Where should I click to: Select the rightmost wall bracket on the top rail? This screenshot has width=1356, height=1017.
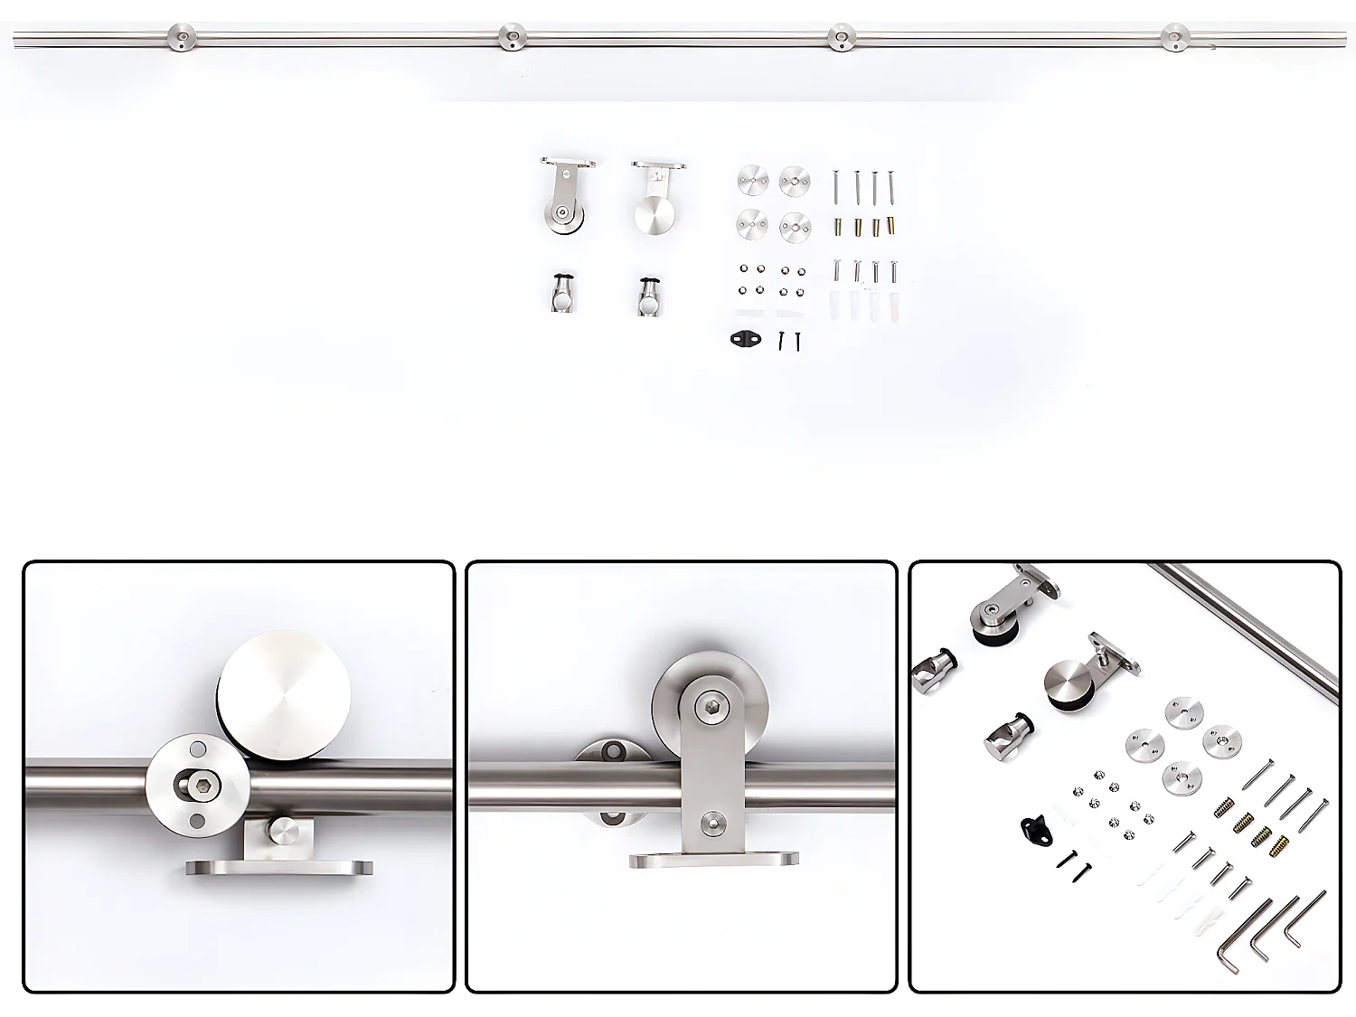pos(1174,37)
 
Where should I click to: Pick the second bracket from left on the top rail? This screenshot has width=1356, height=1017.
pos(512,37)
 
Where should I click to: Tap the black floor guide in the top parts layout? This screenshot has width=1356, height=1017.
pos(746,339)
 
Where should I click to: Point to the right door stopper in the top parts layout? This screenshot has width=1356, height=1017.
pos(646,296)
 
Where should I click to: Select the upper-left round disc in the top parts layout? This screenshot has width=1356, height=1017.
pos(751,180)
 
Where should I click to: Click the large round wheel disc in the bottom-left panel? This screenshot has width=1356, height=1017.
pos(284,692)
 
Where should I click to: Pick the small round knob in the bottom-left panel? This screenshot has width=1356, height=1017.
pos(284,830)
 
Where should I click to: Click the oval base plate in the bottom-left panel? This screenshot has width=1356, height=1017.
pos(279,868)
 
